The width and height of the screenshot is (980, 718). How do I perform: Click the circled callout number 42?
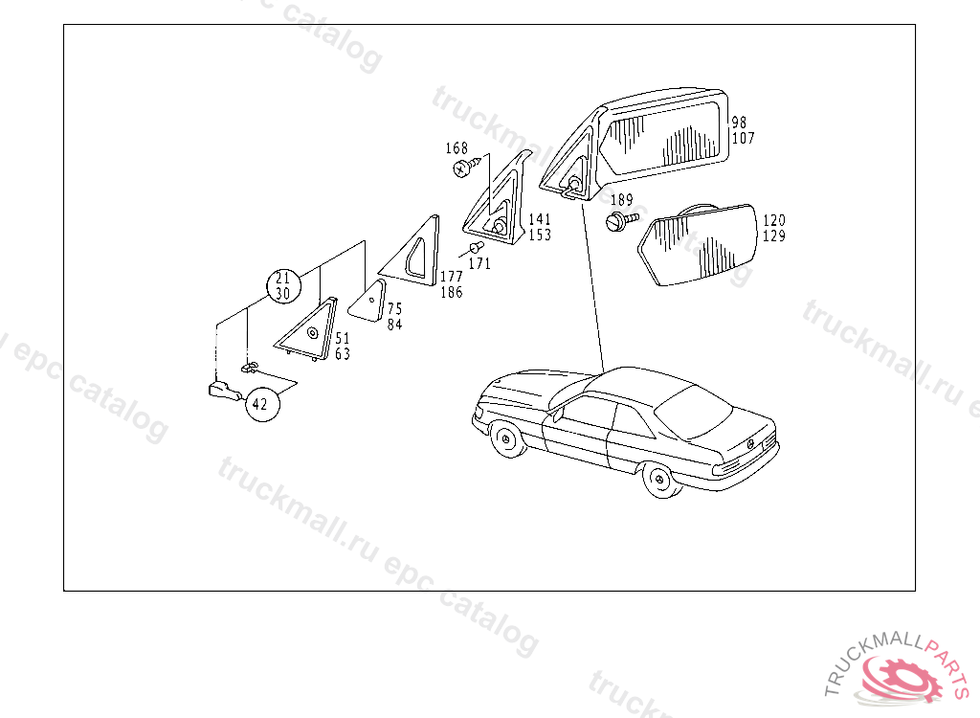tap(262, 404)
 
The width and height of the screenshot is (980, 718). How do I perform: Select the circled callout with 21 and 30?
tap(283, 286)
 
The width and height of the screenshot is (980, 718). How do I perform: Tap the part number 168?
tap(457, 148)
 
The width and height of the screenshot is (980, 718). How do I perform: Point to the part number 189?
tap(621, 200)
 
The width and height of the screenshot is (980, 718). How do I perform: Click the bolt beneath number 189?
tap(621, 220)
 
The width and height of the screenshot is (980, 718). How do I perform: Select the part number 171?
tap(479, 264)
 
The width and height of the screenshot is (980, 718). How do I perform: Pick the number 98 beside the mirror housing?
tap(740, 123)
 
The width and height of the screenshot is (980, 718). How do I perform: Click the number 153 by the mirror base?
tap(540, 236)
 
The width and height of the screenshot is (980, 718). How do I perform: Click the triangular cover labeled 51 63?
tap(308, 330)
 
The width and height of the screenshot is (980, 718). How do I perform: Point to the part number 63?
tap(343, 354)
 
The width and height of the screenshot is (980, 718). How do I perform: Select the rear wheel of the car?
tap(660, 480)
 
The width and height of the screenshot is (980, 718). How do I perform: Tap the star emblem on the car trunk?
tap(750, 443)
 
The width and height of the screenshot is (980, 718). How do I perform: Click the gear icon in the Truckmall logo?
tap(902, 678)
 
